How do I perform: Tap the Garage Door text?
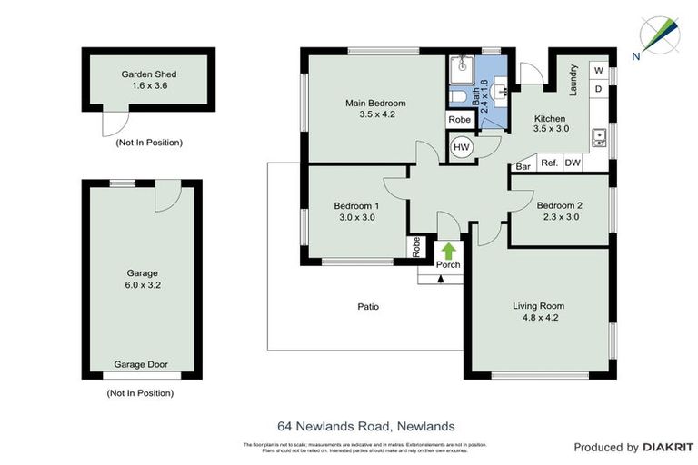pyautogui.click(x=141, y=364)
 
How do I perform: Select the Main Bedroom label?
pyautogui.click(x=375, y=104)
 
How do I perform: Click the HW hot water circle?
pyautogui.click(x=461, y=147)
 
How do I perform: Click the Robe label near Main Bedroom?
pyautogui.click(x=460, y=120)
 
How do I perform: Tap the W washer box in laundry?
pyautogui.click(x=599, y=70)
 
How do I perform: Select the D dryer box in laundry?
pyautogui.click(x=599, y=89)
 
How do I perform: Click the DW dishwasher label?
pyautogui.click(x=573, y=163)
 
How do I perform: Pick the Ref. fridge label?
pyautogui.click(x=549, y=163)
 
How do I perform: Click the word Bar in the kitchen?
pyautogui.click(x=523, y=166)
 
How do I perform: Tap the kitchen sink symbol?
pyautogui.click(x=599, y=138)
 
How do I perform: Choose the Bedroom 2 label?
pyautogui.click(x=559, y=205)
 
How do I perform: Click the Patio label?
pyautogui.click(x=368, y=307)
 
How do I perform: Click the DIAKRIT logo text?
pyautogui.click(x=668, y=447)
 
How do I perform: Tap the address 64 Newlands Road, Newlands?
pyautogui.click(x=365, y=425)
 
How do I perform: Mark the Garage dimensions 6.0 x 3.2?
pyautogui.click(x=142, y=284)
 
